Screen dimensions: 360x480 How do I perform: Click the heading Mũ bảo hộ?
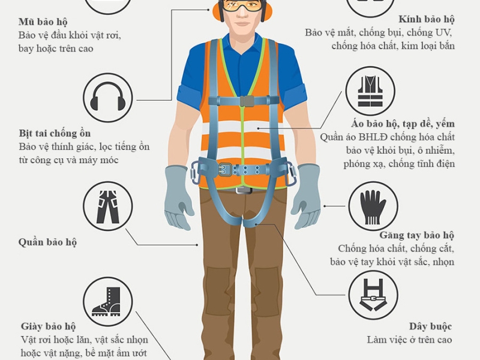43,22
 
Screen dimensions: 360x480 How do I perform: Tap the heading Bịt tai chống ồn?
55,133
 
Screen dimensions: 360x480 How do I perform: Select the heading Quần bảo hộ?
47,243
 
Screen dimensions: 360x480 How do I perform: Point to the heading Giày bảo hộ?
49,327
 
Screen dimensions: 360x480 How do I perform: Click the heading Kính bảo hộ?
427,19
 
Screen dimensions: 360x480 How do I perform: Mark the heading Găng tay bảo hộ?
416,235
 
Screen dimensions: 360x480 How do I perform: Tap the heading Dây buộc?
430,326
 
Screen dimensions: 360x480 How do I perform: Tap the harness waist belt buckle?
226,169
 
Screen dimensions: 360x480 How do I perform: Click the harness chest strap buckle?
246,100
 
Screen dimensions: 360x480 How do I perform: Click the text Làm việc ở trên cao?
409,340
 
